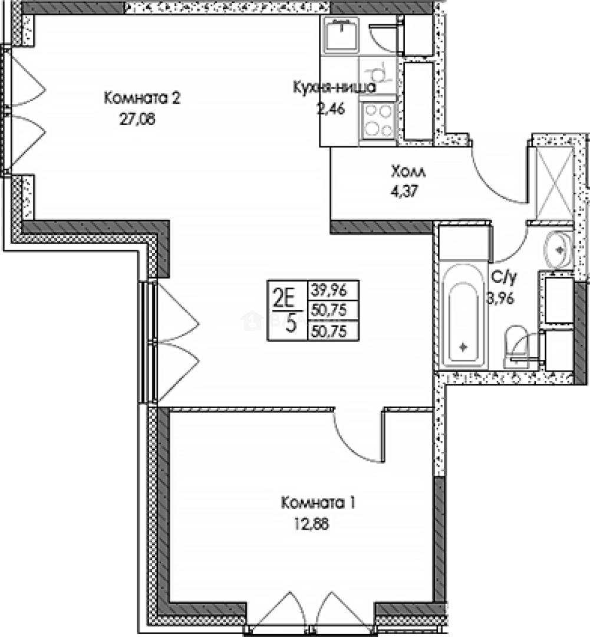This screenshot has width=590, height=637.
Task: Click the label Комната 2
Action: [x=141, y=98]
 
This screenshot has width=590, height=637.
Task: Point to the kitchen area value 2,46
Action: [x=331, y=109]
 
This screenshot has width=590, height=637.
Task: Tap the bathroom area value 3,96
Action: [x=500, y=298]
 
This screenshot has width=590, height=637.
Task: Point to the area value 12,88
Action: [x=310, y=524]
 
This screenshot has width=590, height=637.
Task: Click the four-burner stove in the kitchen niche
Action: [x=377, y=119]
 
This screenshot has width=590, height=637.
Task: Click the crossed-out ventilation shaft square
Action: [x=553, y=182]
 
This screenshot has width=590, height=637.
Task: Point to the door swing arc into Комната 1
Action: [x=354, y=439]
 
